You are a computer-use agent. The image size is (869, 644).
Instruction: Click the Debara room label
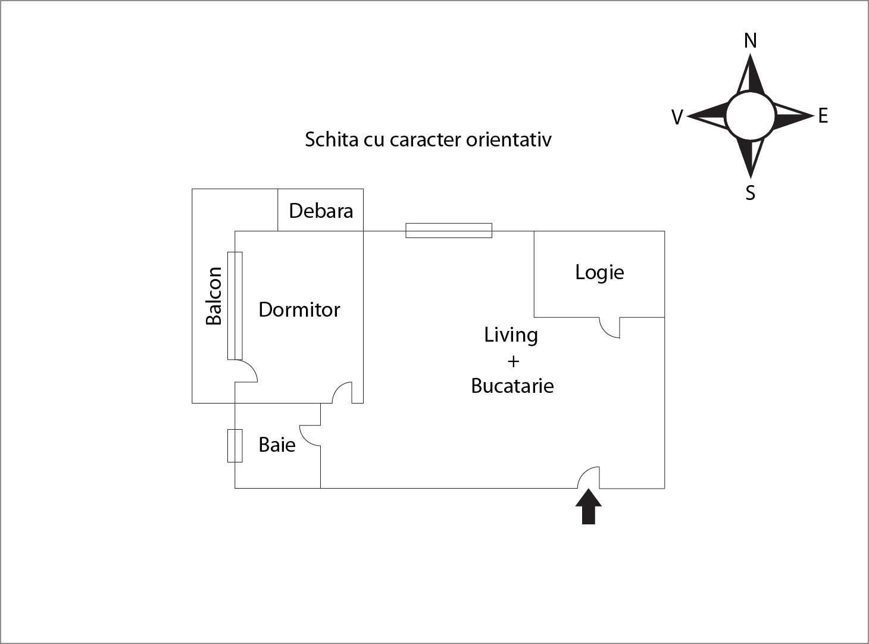[321, 211]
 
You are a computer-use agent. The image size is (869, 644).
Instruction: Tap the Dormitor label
[299, 310]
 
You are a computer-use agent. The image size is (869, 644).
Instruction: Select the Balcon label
[214, 296]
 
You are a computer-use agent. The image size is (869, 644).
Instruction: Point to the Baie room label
[277, 445]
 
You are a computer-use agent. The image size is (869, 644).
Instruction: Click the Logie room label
[599, 272]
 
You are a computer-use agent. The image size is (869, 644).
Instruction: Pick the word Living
[511, 334]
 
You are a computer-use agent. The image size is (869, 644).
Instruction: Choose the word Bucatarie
[512, 386]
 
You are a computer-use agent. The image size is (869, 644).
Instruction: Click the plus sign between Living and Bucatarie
[512, 361]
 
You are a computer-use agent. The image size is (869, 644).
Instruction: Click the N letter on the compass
[751, 40]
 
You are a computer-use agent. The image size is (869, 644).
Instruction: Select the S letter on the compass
[751, 193]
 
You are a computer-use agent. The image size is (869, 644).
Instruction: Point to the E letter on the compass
[823, 115]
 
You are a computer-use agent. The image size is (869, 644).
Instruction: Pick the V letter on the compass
[677, 117]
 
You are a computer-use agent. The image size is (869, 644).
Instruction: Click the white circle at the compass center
[751, 115]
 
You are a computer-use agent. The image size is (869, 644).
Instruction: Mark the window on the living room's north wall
[449, 230]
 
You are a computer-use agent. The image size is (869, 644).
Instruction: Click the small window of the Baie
[235, 445]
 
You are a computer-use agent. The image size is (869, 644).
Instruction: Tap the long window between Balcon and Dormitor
[235, 305]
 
